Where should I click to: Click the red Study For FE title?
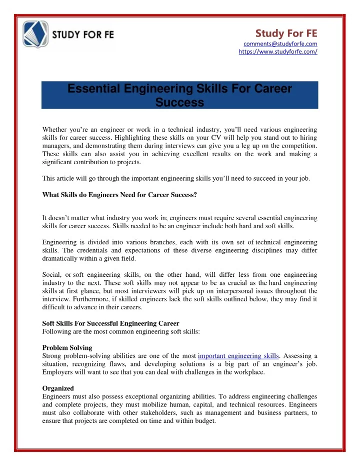(x=286, y=33)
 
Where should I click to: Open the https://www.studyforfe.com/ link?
(x=278, y=52)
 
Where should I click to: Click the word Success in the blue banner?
(x=179, y=103)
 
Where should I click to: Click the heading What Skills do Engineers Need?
(x=119, y=195)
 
